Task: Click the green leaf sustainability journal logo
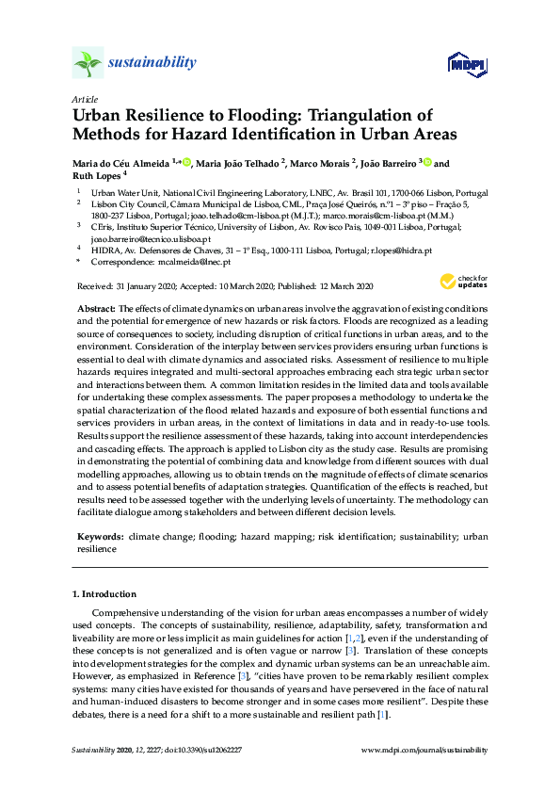[x=88, y=63]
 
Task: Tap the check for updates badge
[x=462, y=282]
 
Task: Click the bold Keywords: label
[x=100, y=535]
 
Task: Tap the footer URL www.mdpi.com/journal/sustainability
[x=424, y=750]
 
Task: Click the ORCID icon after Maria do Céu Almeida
[x=186, y=163]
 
